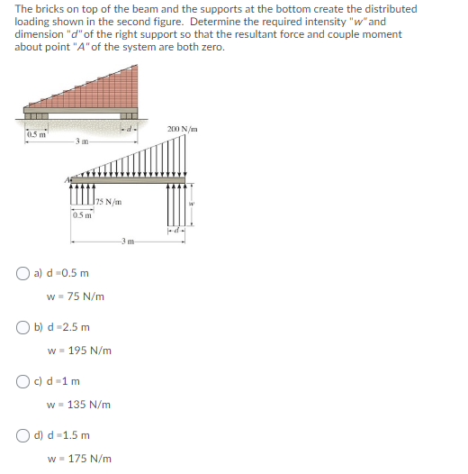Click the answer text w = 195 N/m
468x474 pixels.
pos(79,351)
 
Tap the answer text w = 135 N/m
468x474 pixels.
pos(79,405)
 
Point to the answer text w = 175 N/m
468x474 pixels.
pos(79,459)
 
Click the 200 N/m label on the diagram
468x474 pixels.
pos(182,130)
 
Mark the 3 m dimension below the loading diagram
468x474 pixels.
pos(128,242)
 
